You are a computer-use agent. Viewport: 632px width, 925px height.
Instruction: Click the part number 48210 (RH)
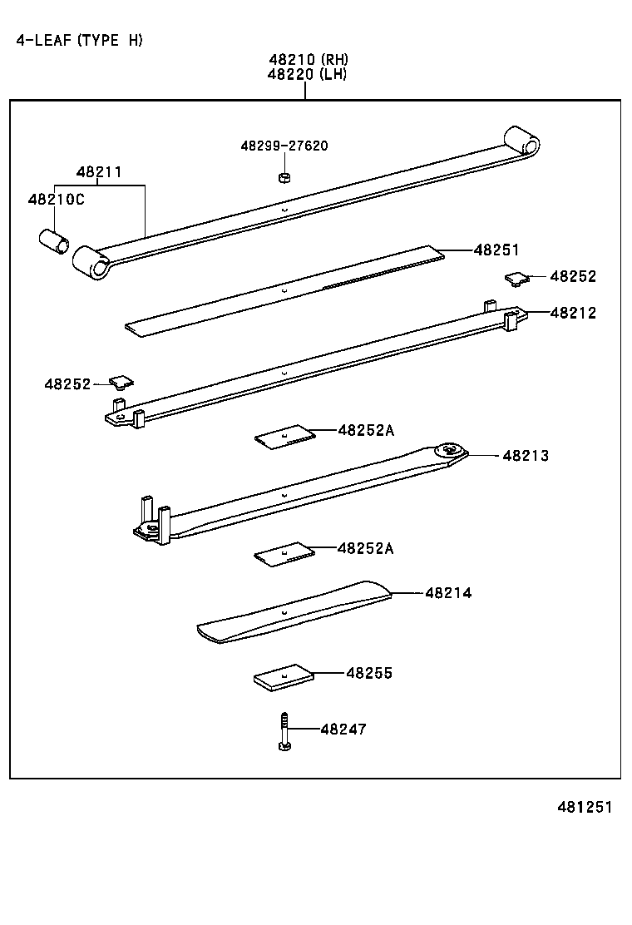(x=308, y=60)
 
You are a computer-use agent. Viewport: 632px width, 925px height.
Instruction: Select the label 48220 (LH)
(x=308, y=74)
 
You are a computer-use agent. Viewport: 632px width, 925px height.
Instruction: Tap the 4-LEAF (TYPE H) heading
(x=80, y=40)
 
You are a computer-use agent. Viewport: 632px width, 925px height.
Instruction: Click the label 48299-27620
(x=284, y=146)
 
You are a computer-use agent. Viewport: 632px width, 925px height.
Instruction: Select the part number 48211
(x=99, y=173)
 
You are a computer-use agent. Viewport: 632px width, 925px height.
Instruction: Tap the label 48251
(x=496, y=250)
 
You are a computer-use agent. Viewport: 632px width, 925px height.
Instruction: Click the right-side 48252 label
(x=572, y=277)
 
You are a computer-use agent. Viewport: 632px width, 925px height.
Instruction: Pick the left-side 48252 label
(x=67, y=383)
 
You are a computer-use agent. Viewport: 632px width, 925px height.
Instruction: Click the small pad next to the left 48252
(x=121, y=382)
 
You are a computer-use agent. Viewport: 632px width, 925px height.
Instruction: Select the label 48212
(x=572, y=314)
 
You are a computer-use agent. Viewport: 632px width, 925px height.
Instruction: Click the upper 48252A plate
(x=284, y=437)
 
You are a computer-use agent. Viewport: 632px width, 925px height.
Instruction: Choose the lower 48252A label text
(x=366, y=548)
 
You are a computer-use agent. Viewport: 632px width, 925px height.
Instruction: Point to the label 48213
(x=525, y=456)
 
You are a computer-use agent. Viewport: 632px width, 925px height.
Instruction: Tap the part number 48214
(x=448, y=593)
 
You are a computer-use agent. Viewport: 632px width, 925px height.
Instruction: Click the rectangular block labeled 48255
(x=284, y=677)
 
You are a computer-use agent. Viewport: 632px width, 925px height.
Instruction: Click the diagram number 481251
(x=584, y=808)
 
